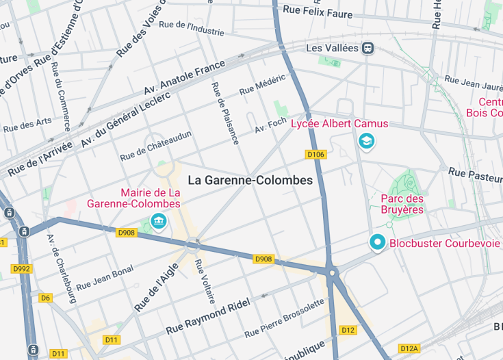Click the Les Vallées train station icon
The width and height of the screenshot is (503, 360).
point(368,48)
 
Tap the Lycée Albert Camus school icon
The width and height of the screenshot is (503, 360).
point(367,142)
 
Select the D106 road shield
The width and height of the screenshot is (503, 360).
point(315,155)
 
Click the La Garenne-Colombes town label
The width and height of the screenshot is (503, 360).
point(250,181)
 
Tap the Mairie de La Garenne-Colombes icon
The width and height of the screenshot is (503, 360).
point(159,221)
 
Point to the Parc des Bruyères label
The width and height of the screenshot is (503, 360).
point(402,204)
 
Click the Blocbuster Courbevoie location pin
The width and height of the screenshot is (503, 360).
point(377,242)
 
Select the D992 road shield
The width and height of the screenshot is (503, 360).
point(21,268)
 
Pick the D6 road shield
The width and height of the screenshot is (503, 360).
point(45,298)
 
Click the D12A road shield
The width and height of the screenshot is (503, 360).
point(409,348)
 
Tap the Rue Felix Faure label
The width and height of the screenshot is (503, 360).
point(318,12)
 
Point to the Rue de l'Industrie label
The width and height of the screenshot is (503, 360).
point(191,27)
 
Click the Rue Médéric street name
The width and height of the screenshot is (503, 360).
point(262,85)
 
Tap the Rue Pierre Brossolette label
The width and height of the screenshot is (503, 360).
point(284,318)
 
